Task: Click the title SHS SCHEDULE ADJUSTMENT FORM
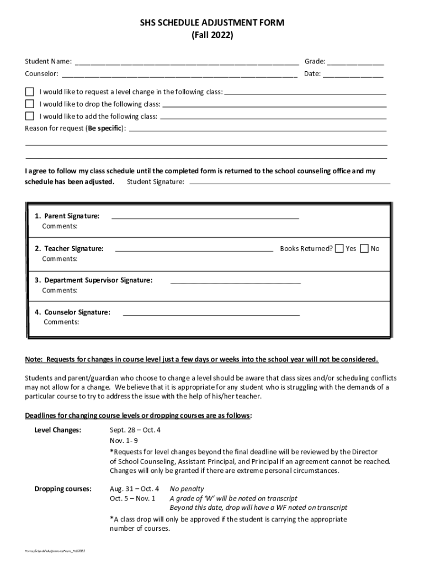coord(212,23)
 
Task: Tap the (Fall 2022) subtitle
coord(212,35)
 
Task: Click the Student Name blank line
coord(187,62)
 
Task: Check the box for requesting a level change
coord(30,92)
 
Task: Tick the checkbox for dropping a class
coord(30,104)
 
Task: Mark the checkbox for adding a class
coord(30,116)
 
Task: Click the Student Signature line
coord(289,182)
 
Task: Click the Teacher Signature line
coord(194,250)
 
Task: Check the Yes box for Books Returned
coord(339,248)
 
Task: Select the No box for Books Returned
coord(364,248)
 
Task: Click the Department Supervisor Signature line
coord(236,282)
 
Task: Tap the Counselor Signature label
coord(72,312)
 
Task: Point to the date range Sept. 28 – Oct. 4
coord(135,430)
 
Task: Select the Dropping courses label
coord(63,489)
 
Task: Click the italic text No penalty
coord(187,489)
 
